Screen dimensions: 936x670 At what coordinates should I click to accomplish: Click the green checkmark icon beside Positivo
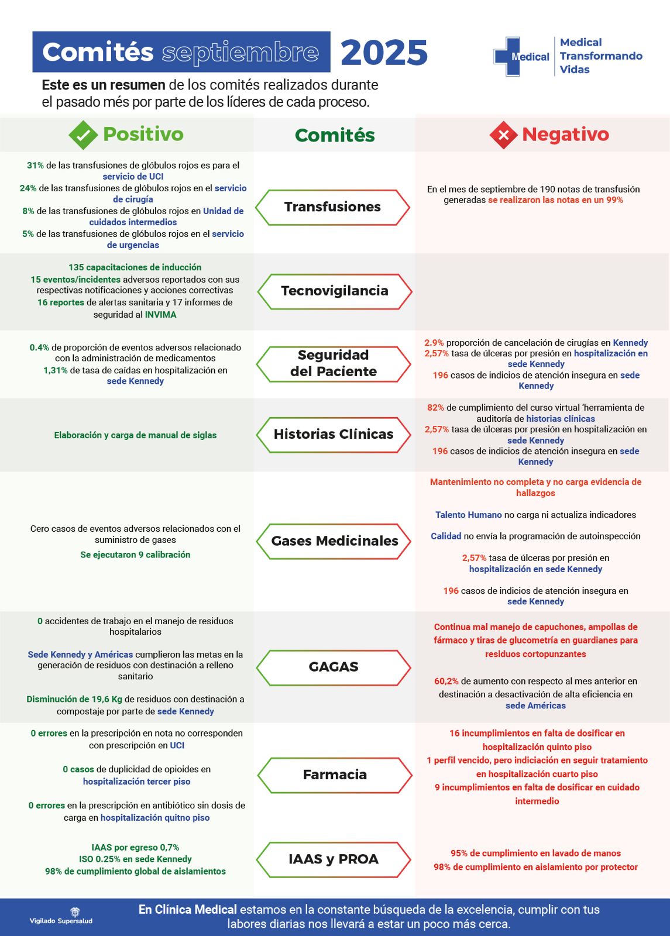(x=83, y=135)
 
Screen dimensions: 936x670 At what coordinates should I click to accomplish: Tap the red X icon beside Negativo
(x=503, y=135)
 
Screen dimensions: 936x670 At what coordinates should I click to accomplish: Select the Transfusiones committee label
(x=332, y=207)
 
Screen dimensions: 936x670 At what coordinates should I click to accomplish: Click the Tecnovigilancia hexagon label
(x=335, y=291)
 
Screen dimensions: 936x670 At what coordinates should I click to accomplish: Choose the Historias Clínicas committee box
(x=334, y=435)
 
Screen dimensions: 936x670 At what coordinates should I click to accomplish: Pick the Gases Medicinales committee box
(x=334, y=541)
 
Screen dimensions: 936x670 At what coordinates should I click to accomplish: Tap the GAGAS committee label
(x=334, y=667)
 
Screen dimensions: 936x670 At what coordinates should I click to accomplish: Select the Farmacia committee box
(x=335, y=775)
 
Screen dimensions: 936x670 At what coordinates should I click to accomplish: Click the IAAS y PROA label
(x=334, y=859)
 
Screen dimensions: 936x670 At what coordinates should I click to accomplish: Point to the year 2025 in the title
(x=384, y=53)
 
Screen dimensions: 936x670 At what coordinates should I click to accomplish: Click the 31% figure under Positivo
(x=35, y=166)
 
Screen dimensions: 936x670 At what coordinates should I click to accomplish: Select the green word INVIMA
(x=160, y=315)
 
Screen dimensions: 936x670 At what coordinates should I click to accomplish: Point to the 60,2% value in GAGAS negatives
(x=446, y=682)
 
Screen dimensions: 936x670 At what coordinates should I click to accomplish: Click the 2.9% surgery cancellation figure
(x=434, y=343)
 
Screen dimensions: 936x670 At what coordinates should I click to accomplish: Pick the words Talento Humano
(x=468, y=515)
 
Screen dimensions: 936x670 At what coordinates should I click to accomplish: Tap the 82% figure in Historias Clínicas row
(x=435, y=408)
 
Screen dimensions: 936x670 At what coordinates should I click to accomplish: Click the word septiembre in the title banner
(x=240, y=53)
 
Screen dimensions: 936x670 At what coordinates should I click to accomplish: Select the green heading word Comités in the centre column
(x=335, y=135)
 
